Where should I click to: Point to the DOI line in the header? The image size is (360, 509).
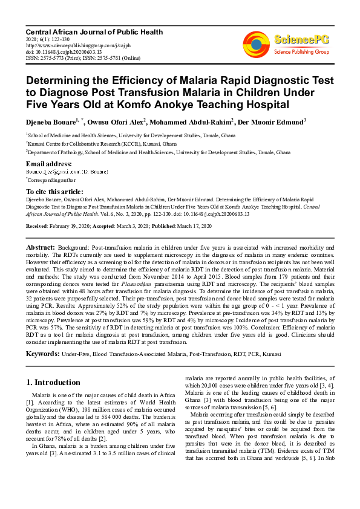63,52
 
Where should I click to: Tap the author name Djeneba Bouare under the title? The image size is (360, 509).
51,121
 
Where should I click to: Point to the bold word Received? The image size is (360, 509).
38,225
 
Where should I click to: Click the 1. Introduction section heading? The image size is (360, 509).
54,382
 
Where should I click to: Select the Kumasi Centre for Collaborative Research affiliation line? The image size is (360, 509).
92,144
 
